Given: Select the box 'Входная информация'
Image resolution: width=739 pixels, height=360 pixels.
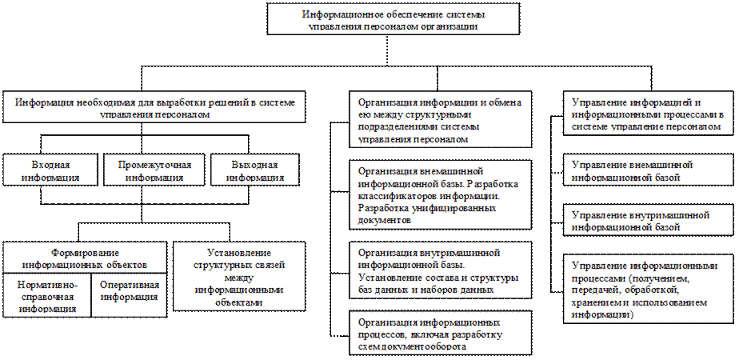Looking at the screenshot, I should click(x=50, y=170).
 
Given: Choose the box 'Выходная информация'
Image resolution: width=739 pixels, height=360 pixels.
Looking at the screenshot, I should click(x=250, y=170).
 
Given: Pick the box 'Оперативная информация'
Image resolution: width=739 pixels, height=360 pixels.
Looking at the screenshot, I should click(x=130, y=292).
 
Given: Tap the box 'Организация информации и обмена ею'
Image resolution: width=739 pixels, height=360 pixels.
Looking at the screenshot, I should click(x=440, y=121).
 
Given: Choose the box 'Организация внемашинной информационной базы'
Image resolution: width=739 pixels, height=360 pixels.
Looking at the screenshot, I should click(x=440, y=194).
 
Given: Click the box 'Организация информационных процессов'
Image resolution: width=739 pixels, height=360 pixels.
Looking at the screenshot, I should click(x=440, y=334).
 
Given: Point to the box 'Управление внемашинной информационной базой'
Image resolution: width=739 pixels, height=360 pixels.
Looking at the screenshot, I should click(x=649, y=170).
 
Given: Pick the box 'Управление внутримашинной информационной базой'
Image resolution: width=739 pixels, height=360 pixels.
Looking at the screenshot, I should click(x=649, y=222).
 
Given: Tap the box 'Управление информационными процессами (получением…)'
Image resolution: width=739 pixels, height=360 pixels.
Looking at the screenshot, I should click(x=649, y=289).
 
